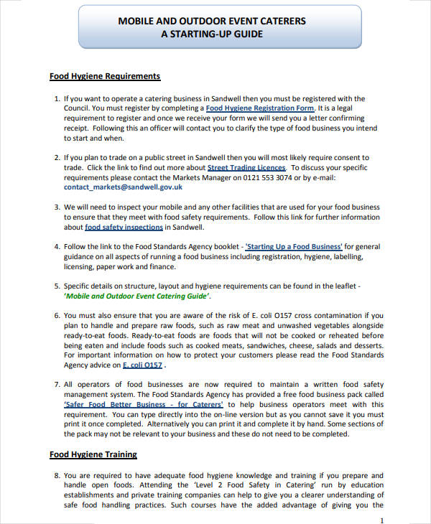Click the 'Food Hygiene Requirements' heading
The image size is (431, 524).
pos(104,76)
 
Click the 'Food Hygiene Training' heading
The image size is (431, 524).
pos(93,454)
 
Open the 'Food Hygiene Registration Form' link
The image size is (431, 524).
pos(260,108)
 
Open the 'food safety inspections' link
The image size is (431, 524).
pos(124,228)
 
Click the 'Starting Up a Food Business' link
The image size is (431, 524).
pos(295,247)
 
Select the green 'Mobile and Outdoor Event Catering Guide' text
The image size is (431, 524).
pos(137,296)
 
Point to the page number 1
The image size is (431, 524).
pos(381,519)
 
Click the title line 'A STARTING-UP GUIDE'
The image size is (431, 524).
pos(210,34)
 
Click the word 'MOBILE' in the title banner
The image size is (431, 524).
pos(135,22)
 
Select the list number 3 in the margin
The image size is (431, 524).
pos(57,207)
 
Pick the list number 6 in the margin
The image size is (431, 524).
pos(57,315)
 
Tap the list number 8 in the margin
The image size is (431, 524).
pos(57,475)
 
